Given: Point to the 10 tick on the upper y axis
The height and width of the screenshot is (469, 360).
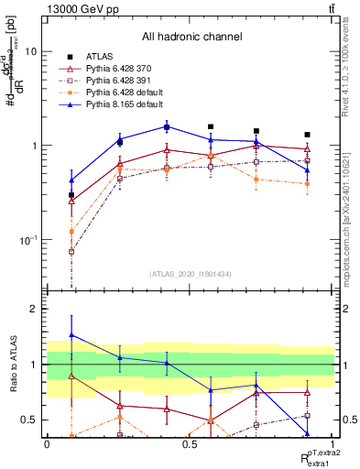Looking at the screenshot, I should (x=29, y=51).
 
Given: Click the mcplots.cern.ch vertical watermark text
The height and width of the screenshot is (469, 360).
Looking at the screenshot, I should (x=351, y=211).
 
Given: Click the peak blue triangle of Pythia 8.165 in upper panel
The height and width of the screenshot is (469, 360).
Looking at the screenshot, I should (x=167, y=126).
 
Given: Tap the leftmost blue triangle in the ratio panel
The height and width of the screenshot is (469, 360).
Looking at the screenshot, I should (x=71, y=335).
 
